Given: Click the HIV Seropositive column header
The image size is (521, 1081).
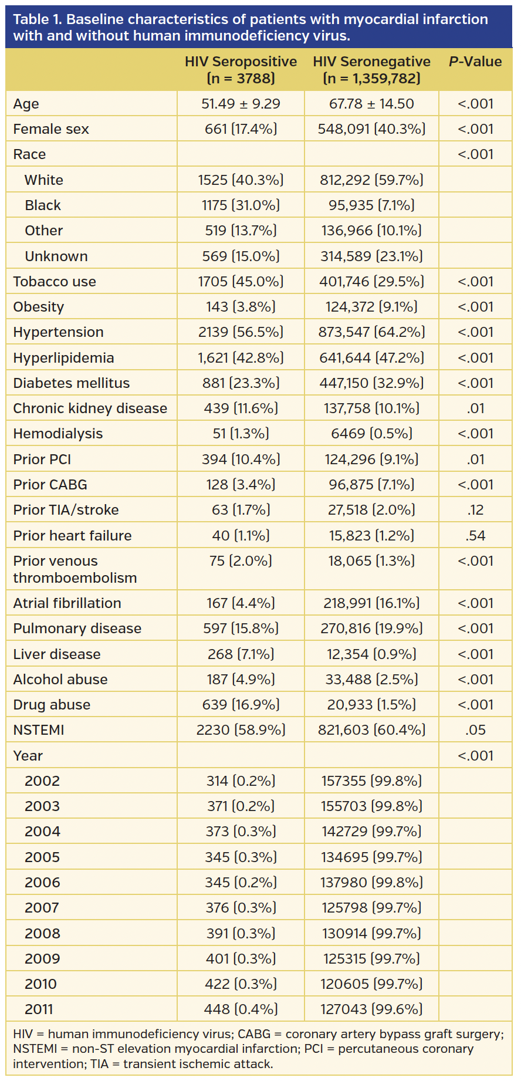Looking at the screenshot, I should (241, 70).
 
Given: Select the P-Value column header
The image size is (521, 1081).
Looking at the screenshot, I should (475, 62).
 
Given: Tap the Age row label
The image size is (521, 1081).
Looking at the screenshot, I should (26, 104).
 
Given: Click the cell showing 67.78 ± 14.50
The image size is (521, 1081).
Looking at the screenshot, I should (371, 104).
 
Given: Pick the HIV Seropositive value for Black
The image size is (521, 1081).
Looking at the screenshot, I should (241, 205).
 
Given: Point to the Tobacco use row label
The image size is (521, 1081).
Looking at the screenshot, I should (55, 282).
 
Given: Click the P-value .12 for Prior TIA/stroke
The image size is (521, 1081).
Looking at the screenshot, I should (475, 510).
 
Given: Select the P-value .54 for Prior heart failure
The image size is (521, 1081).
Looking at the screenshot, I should (475, 536).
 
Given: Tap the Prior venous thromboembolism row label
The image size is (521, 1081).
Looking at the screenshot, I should (75, 569).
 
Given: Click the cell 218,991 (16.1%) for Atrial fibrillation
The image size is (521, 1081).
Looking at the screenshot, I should (371, 603).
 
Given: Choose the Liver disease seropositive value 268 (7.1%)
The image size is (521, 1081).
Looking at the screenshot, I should (241, 654).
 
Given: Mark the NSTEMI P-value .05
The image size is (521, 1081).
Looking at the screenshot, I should (475, 730).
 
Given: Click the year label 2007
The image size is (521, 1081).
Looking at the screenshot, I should (42, 908).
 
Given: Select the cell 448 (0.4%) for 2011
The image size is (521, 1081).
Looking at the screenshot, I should (241, 1009).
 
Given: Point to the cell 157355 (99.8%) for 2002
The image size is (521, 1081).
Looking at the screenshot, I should (371, 781).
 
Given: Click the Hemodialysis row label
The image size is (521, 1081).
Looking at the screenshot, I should (57, 434).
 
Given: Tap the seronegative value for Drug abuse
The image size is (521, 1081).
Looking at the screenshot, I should (371, 705).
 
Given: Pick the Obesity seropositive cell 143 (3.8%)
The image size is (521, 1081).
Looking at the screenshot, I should (241, 307).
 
